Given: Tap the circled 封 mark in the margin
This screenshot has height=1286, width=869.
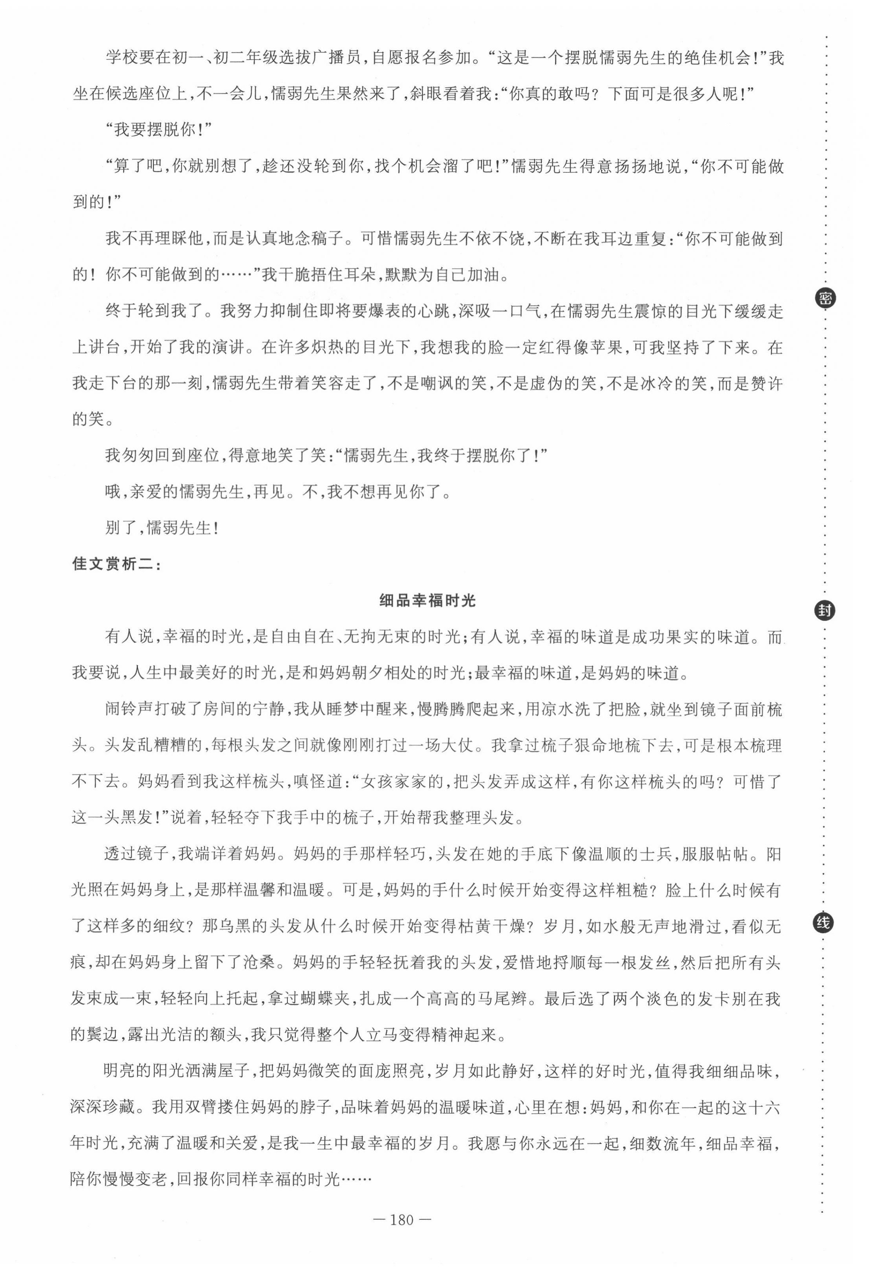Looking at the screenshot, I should [825, 611].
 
